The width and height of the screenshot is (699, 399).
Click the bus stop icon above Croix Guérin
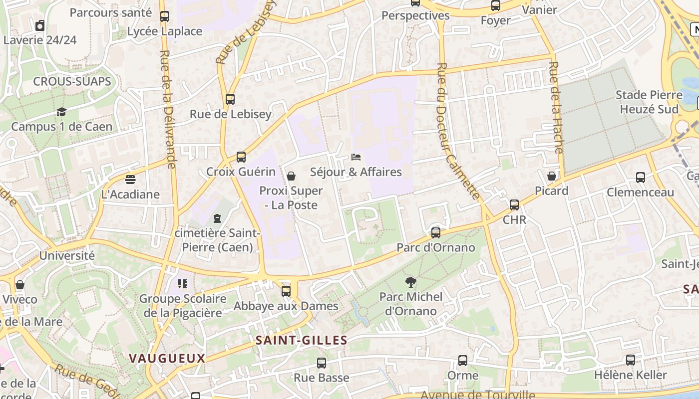(241, 157)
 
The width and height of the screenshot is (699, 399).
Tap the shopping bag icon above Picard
(552, 176)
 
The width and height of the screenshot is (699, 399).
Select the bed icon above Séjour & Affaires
(356, 157)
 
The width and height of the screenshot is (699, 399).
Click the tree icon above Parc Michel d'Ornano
(411, 282)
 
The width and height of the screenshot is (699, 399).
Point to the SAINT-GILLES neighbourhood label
(301, 341)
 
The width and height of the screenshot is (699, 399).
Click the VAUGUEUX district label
(167, 358)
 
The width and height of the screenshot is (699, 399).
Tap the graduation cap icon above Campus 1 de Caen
(61, 112)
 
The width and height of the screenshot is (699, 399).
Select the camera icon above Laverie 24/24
(40, 25)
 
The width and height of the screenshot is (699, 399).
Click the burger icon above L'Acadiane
(130, 180)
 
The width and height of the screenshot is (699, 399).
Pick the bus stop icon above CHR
(514, 205)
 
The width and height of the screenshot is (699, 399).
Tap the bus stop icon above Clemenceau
(641, 178)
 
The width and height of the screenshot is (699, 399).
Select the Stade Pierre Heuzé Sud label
(649, 102)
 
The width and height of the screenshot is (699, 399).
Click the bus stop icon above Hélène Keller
(631, 360)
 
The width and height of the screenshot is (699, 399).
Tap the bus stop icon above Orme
(463, 361)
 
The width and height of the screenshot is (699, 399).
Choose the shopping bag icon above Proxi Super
(291, 176)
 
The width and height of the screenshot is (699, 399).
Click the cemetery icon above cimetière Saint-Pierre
(217, 218)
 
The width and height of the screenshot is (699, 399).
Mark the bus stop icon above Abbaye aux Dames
(286, 291)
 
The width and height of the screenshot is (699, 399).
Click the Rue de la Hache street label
(556, 107)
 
